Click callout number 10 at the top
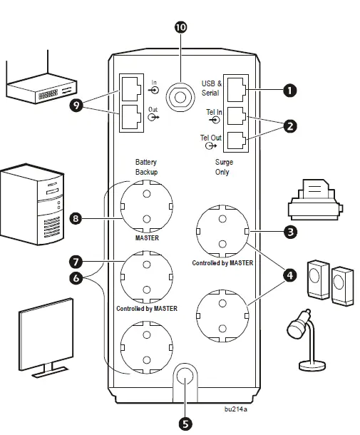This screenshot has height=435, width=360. click(180, 27)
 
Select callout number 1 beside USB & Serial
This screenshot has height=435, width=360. click(289, 91)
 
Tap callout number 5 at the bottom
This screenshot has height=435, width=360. click(185, 422)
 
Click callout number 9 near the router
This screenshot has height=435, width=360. click(74, 106)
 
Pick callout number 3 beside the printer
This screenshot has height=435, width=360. click(290, 232)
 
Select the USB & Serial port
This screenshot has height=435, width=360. click(236, 88)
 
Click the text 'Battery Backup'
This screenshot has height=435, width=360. click(145, 168)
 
